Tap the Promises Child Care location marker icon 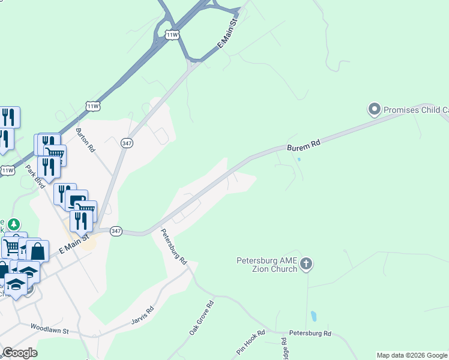pos(375,109)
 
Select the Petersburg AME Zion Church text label pos(267,265)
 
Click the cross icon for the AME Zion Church pos(306,263)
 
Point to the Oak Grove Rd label pos(201,317)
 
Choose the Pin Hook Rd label pos(250,341)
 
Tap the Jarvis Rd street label pos(142,317)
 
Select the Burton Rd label pos(86,139)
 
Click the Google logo pos(20,353)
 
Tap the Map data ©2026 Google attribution pos(412,355)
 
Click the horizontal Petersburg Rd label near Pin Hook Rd pos(310,333)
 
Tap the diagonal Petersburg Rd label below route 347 pos(174,246)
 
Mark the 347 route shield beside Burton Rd pos(127,143)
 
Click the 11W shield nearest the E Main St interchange pos(172,35)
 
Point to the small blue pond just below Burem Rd pos(298,160)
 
